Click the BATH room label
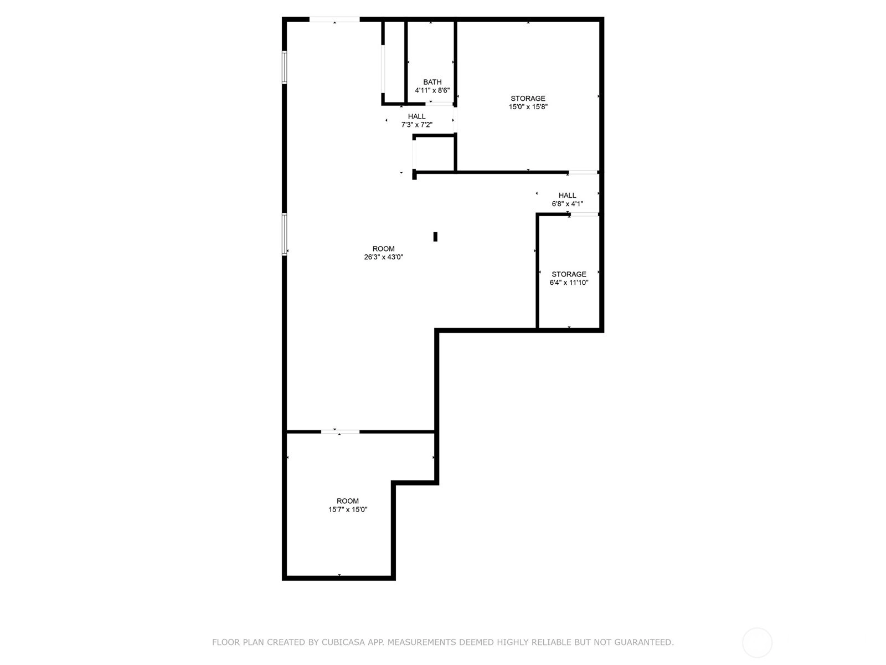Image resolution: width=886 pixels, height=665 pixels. pyautogui.click(x=432, y=82)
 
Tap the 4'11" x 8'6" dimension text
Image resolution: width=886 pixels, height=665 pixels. pyautogui.click(x=432, y=90)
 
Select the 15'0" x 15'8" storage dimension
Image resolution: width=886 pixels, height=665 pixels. pyautogui.click(x=528, y=106)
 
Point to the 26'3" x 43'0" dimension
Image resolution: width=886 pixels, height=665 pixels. pyautogui.click(x=383, y=257)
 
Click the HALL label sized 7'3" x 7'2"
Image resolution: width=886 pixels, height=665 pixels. pyautogui.click(x=416, y=116)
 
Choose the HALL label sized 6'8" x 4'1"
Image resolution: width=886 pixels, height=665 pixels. pyautogui.click(x=567, y=196)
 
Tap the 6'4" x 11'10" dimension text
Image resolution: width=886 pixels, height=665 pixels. pyautogui.click(x=569, y=282)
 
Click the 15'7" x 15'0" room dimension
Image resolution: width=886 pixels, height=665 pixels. pyautogui.click(x=348, y=509)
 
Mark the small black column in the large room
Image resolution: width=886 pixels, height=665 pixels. pyautogui.click(x=435, y=237)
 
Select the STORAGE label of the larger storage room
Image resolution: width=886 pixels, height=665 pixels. pyautogui.click(x=528, y=98)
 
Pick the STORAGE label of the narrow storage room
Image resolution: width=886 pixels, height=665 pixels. pyautogui.click(x=569, y=274)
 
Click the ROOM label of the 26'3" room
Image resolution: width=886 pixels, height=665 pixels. pyautogui.click(x=383, y=249)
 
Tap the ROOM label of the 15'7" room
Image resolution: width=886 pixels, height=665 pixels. pyautogui.click(x=348, y=500)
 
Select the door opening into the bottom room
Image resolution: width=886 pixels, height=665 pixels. pyautogui.click(x=340, y=432)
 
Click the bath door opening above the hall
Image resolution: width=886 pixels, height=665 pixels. pyautogui.click(x=439, y=104)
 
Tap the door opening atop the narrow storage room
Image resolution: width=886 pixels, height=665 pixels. pyautogui.click(x=584, y=214)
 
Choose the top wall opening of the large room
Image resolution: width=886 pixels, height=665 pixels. pyautogui.click(x=334, y=19)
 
